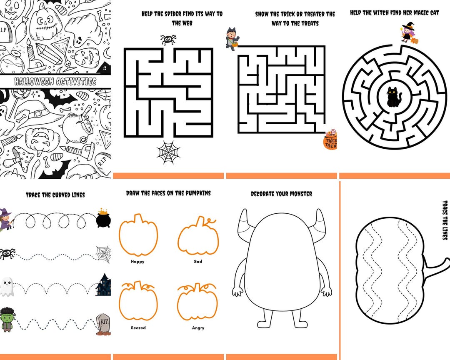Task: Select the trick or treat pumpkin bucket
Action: (330, 140)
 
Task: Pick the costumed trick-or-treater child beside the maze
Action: (232, 39)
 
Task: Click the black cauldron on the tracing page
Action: (103, 218)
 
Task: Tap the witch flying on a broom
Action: (5, 219)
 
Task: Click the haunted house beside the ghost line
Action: (104, 285)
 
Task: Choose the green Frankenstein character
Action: (6, 320)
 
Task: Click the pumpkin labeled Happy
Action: (138, 236)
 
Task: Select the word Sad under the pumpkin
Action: (198, 262)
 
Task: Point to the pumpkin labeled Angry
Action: (197, 301)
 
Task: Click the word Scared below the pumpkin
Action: (138, 328)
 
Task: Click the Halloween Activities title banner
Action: (55, 82)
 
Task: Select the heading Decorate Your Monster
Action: (281, 194)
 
